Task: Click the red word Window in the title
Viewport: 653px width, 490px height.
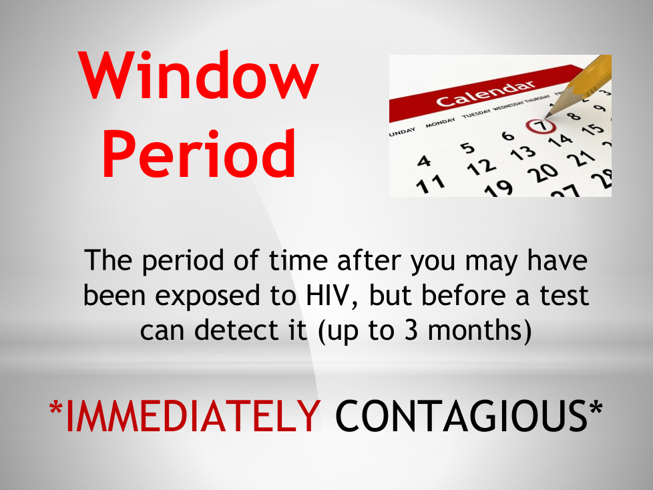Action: (198, 75)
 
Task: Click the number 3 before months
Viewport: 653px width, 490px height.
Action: (411, 330)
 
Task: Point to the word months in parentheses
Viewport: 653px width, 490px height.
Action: (475, 330)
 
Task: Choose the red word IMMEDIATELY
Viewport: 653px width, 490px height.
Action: (193, 415)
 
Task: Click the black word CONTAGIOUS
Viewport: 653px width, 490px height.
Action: (461, 415)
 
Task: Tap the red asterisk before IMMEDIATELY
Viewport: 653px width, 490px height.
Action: (56, 409)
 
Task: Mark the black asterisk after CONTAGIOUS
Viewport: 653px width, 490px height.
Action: (596, 409)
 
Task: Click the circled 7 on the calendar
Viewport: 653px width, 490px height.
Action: (541, 126)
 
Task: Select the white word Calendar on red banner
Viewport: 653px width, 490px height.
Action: (485, 94)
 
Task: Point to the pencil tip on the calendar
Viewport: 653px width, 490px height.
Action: (547, 115)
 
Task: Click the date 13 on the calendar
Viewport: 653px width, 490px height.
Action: (523, 153)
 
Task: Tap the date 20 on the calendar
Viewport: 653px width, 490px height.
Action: (542, 172)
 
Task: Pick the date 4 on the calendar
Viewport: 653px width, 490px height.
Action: (424, 161)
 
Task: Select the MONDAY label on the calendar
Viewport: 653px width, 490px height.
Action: (440, 122)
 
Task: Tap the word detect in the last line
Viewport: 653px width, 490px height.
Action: (236, 330)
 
